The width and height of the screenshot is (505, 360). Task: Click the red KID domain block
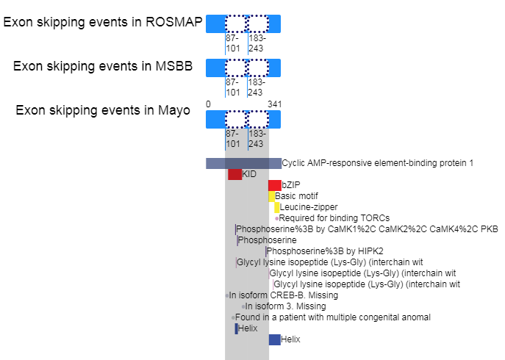[234, 174]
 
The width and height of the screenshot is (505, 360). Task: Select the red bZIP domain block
[275, 185]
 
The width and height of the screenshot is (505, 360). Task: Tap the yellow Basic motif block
[271, 196]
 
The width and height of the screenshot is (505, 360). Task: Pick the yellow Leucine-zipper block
[276, 207]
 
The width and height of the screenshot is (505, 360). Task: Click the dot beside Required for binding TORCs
[277, 219]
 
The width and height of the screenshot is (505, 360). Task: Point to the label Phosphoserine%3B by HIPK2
[325, 251]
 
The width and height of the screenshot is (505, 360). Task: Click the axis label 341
[275, 104]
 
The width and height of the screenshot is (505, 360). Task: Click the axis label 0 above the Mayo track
[208, 104]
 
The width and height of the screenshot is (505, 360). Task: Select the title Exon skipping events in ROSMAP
[103, 22]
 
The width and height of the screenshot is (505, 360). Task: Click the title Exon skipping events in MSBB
[103, 66]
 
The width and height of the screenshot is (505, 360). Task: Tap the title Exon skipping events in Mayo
[103, 110]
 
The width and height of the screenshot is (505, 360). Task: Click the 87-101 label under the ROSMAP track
[233, 43]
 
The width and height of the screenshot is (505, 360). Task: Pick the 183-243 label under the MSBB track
[257, 87]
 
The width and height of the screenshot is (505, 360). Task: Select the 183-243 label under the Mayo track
[257, 139]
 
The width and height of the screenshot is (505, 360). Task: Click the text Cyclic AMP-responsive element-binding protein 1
[377, 163]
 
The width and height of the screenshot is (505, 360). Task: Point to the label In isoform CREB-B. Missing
[284, 295]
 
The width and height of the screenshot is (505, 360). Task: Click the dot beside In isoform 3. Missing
[243, 306]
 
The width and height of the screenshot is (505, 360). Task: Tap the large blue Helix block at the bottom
[275, 339]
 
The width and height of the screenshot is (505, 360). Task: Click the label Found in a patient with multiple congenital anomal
[333, 317]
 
